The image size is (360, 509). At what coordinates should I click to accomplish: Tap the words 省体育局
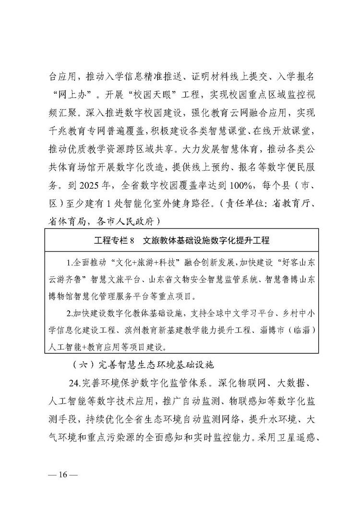(69, 220)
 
